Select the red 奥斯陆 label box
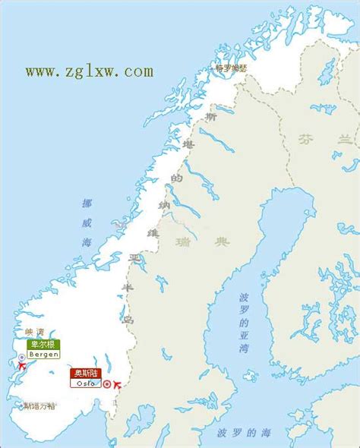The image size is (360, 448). (x=84, y=373)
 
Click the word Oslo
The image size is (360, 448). (x=84, y=383)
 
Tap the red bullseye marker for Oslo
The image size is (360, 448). (x=107, y=383)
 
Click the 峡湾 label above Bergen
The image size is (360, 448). (x=35, y=331)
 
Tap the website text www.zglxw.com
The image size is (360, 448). (x=90, y=71)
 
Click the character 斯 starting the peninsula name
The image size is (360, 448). (x=211, y=118)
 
